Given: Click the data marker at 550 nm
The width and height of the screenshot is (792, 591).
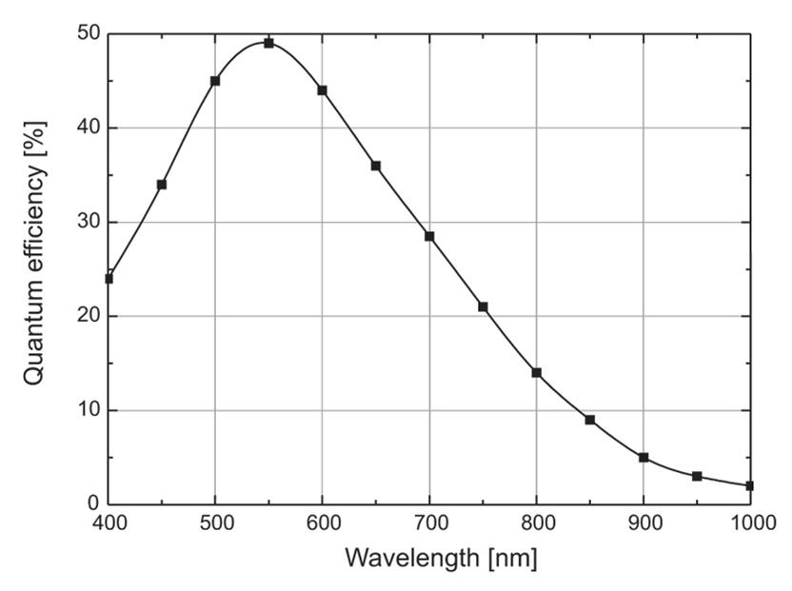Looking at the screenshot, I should (x=268, y=43).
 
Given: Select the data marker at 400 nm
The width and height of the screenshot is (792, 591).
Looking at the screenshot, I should (x=109, y=279).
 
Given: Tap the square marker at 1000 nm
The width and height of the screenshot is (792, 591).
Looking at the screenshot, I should (x=750, y=485).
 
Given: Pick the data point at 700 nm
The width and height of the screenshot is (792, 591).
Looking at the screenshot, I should (x=429, y=236).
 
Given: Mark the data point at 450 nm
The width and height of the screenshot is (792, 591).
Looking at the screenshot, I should (x=162, y=185).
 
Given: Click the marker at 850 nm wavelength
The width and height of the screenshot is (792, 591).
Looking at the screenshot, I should (x=590, y=420).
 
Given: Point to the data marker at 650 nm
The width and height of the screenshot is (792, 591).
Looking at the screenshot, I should (x=376, y=166).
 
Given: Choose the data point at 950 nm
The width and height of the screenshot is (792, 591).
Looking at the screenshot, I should (x=697, y=476).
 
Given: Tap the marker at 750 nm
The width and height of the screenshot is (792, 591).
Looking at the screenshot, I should (x=483, y=306).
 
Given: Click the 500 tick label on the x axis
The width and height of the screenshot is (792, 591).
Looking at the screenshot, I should (x=215, y=522).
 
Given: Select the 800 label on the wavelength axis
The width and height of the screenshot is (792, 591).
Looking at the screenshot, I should (x=536, y=522).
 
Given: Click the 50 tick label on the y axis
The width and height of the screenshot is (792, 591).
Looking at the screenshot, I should (x=88, y=34).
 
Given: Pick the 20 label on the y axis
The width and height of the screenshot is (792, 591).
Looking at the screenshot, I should (x=88, y=316).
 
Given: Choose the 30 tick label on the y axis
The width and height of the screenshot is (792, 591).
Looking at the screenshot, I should (x=88, y=222).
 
